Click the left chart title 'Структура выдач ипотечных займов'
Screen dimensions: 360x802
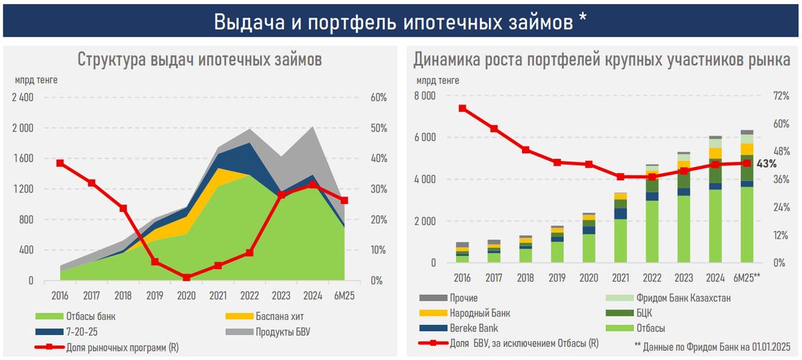pyautogui.click(x=200, y=59)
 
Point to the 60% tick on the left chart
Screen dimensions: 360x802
pyautogui.click(x=378, y=98)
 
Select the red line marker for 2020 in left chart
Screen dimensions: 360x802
pyautogui.click(x=186, y=277)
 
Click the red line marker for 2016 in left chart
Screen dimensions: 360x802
pyautogui.click(x=60, y=163)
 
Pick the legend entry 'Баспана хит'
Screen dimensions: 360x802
pyautogui.click(x=261, y=316)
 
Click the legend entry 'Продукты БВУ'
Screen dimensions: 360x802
pyautogui.click(x=265, y=332)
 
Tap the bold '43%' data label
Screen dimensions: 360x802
pyautogui.click(x=766, y=164)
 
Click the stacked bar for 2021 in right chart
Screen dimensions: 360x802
pyautogui.click(x=620, y=228)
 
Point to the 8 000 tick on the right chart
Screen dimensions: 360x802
pyautogui.click(x=425, y=95)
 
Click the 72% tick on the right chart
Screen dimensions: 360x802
pyautogui.click(x=780, y=95)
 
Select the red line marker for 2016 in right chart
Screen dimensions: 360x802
pyautogui.click(x=463, y=108)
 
